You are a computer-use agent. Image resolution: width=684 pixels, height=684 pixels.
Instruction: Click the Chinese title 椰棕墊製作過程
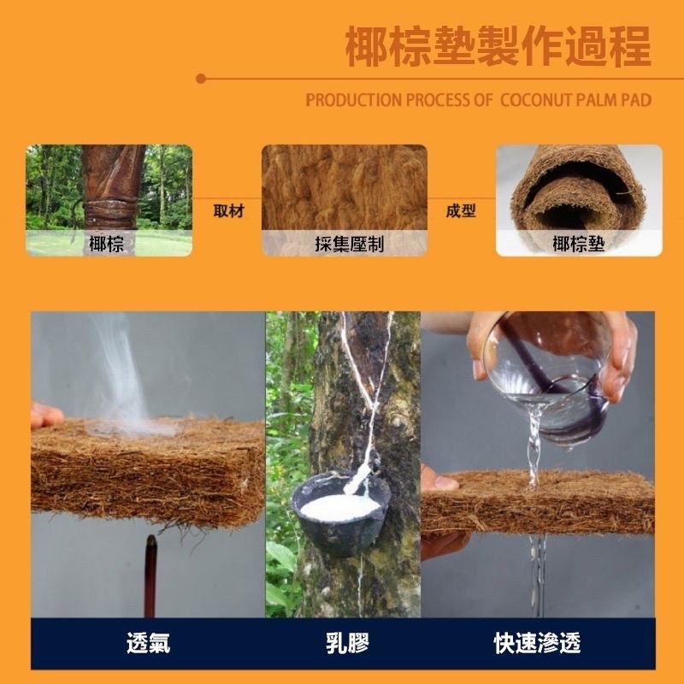coord(498,46)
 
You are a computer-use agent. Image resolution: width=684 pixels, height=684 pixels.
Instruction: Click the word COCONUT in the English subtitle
coord(535,100)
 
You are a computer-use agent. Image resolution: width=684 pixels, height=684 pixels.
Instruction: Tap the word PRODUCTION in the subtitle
coord(353,100)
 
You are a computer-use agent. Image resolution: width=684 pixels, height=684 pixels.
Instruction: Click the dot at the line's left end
coord(201,79)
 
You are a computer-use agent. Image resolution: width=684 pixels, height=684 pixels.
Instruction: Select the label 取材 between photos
coord(229,211)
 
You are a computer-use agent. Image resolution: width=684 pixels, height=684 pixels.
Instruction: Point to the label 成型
coord(461,211)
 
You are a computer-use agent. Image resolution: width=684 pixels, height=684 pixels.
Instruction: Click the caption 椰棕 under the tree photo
coord(106,244)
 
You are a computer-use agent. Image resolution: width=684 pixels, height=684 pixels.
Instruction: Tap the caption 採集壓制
coord(350,244)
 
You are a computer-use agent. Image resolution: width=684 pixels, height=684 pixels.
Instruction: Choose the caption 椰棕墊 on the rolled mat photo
coord(579,244)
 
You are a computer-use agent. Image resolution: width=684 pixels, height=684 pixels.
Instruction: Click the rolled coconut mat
coord(579,192)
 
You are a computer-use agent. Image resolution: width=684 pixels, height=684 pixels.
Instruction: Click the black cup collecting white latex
coord(340,512)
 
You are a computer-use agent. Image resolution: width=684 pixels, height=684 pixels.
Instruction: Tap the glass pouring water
coord(547,375)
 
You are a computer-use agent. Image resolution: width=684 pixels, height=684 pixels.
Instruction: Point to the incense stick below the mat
coord(150,575)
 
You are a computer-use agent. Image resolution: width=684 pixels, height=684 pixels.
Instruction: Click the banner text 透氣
coord(148,643)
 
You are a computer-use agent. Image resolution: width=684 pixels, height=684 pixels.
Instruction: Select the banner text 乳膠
coord(347,643)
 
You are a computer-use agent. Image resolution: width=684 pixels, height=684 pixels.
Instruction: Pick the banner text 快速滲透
coord(538,643)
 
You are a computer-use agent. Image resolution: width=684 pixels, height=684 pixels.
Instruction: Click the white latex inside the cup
coord(340,507)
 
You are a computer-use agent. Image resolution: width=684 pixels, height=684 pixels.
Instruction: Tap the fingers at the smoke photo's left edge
coord(46,416)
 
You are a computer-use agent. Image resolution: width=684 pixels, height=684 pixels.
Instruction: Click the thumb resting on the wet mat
coord(439,480)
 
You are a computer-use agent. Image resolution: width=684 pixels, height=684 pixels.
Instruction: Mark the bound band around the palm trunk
coord(109,215)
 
